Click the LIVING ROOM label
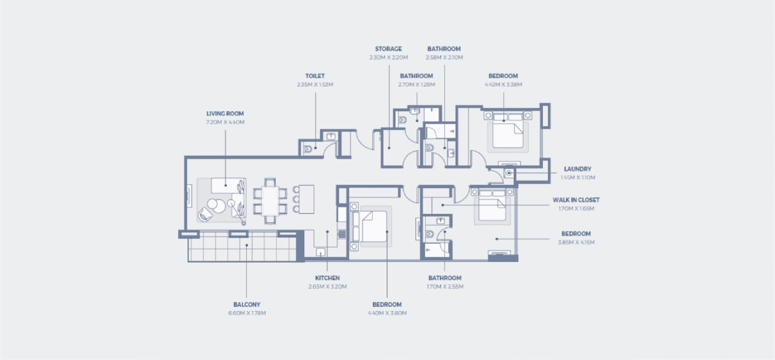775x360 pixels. tap(225, 113)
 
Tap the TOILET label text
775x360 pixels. tap(315, 76)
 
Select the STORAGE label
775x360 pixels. tap(388, 49)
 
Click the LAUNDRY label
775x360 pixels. tap(578, 169)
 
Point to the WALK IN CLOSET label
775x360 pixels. tap(576, 200)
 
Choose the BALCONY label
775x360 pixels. tap(247, 305)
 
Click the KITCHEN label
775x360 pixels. tap(327, 278)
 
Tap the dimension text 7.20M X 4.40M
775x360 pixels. tap(225, 122)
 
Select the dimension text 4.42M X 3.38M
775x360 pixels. tap(503, 84)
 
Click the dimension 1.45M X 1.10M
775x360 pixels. tap(578, 178)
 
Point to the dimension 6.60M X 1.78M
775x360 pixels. tap(247, 313)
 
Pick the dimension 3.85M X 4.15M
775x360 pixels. tap(576, 242)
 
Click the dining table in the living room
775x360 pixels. tap(270, 201)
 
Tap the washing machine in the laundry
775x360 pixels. tap(509, 173)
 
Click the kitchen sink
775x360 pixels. tap(320, 252)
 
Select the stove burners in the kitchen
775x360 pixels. tap(342, 234)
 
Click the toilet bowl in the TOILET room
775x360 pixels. tap(308, 149)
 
